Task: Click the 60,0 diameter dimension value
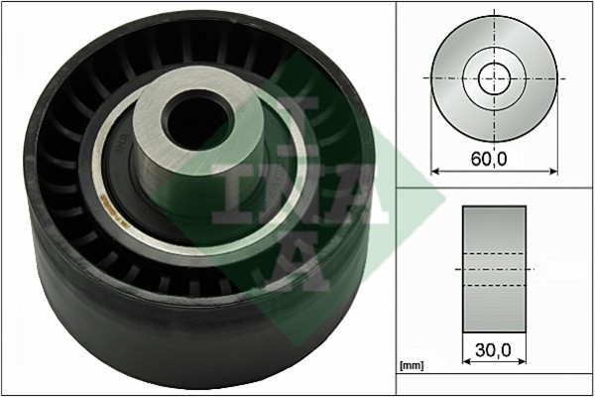tap(489, 159)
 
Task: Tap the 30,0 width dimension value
tap(493, 350)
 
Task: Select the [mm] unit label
tap(412, 366)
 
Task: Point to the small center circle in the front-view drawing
tap(495, 78)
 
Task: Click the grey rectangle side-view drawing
tap(494, 269)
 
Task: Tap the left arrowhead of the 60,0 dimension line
tap(435, 171)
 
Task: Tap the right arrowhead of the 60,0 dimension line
tap(553, 171)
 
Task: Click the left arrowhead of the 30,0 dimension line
tap(467, 361)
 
